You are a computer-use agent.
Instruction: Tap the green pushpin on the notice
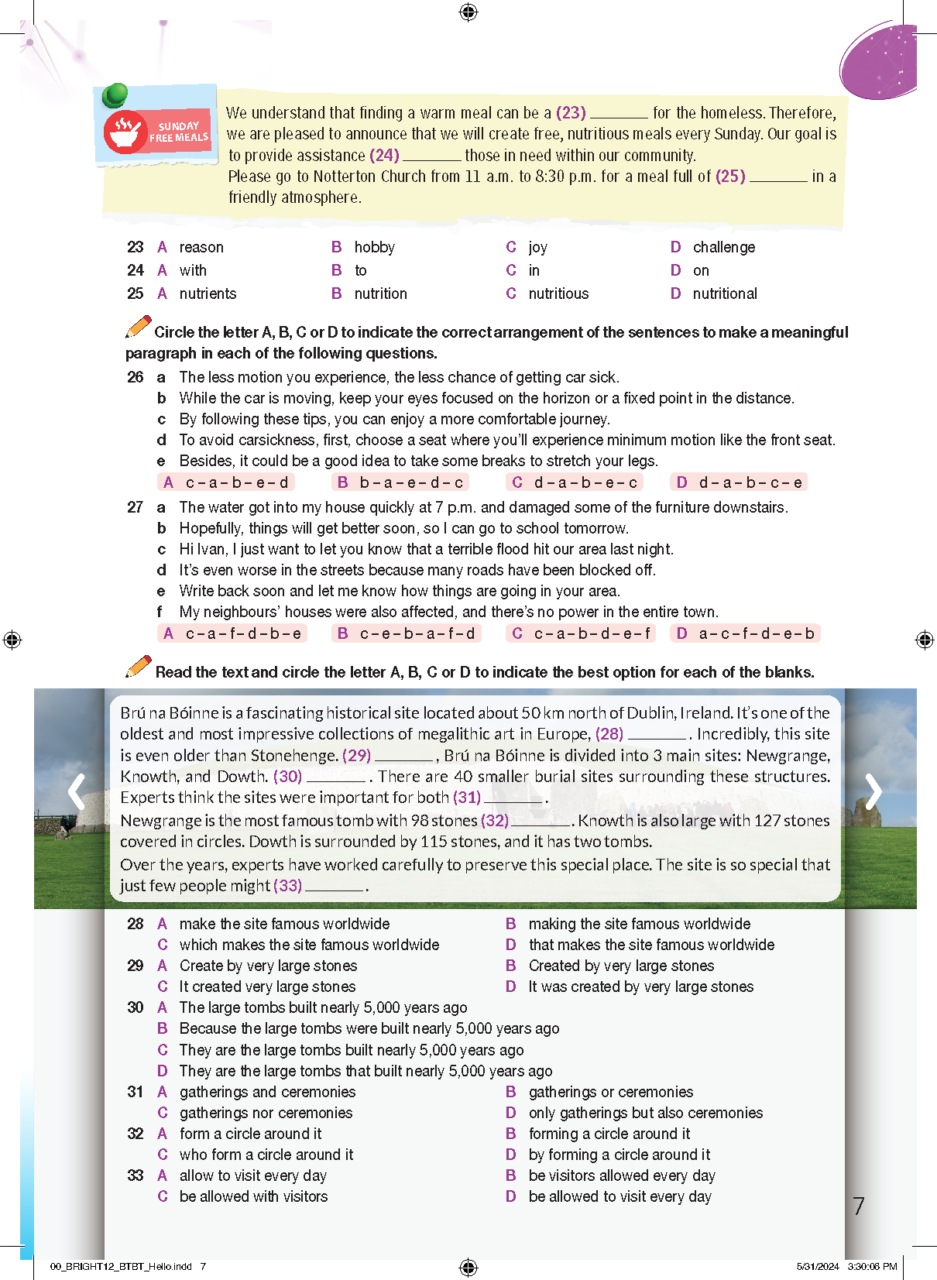115,95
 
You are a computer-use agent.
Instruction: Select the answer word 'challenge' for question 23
723,247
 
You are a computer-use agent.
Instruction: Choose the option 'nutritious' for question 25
558,293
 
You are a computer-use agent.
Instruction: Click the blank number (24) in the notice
384,155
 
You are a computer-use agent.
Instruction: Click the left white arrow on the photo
76,791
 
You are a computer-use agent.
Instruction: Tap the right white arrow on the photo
874,791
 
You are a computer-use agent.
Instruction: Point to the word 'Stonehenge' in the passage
297,755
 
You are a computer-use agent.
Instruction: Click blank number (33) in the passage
287,885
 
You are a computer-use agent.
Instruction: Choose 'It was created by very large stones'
640,987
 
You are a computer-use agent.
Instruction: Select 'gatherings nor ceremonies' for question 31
266,1113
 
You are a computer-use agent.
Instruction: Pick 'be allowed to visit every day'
620,1196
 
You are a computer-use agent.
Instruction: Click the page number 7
858,1206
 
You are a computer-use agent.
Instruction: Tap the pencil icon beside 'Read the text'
139,666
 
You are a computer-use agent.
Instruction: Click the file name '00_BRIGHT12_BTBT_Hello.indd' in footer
121,1267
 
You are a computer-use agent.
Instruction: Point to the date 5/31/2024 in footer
817,1267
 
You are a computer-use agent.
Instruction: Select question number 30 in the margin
136,1007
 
